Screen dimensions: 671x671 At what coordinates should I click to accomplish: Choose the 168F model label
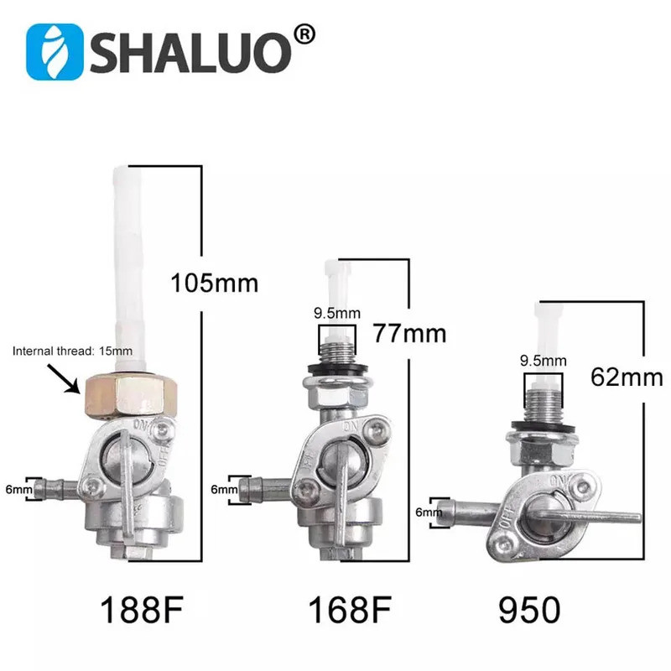(347, 611)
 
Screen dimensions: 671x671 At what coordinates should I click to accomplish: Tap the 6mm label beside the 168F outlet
(223, 488)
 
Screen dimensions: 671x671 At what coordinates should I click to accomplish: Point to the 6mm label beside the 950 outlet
(428, 511)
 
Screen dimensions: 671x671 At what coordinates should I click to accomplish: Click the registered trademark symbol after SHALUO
(306, 34)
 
